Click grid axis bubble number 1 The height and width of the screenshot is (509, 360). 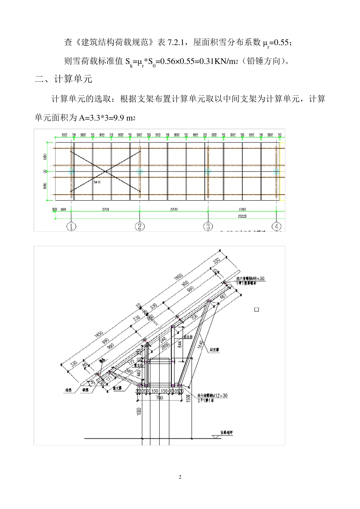71,227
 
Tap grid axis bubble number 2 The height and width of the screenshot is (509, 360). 140,227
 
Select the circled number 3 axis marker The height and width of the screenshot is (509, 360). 208,227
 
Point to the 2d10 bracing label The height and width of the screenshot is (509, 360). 97,182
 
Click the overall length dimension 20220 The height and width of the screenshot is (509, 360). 243,216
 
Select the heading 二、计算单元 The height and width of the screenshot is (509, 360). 63,79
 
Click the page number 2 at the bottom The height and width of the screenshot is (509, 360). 180,477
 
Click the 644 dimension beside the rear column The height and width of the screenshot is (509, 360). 180,344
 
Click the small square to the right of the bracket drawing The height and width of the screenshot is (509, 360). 257,310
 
